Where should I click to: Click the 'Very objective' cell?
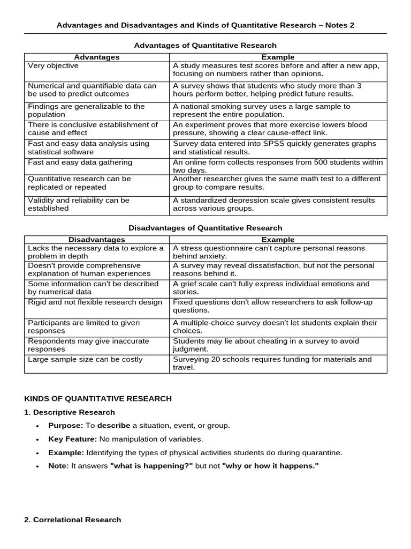(53, 65)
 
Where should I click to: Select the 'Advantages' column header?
(97, 57)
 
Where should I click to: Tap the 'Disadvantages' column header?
(97, 240)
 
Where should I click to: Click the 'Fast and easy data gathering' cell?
(80, 162)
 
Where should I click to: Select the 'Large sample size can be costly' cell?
(85, 359)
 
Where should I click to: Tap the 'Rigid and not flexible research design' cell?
(95, 302)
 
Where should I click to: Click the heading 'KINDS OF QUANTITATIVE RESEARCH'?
(98, 398)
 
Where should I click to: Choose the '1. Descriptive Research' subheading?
(70, 412)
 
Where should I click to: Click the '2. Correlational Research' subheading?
(73, 520)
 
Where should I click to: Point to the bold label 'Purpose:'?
(65, 425)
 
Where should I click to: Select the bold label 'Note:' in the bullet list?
(58, 466)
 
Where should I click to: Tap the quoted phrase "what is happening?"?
(151, 466)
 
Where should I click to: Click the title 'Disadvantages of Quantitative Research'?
(205, 228)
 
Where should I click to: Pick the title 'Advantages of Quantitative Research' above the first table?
(205, 46)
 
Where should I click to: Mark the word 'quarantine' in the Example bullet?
(323, 452)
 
